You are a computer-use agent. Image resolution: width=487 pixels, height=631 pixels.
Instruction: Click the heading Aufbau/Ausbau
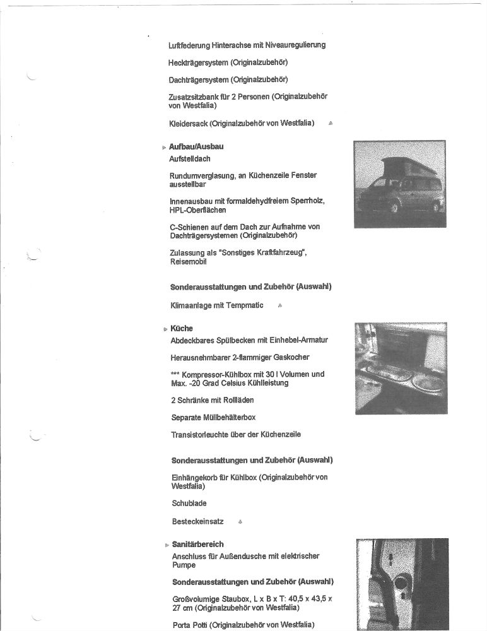click(x=196, y=146)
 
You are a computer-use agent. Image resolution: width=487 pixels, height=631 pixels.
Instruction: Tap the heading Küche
click(x=182, y=328)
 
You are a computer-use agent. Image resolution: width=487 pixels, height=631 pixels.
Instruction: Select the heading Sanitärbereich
click(x=197, y=544)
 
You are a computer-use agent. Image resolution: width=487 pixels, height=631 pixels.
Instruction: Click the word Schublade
click(x=189, y=504)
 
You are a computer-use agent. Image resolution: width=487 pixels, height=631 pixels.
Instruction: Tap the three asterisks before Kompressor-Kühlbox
click(x=175, y=374)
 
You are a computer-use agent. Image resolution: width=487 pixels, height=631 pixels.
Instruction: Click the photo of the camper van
click(x=400, y=184)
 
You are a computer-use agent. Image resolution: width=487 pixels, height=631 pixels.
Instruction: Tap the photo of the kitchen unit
click(x=401, y=368)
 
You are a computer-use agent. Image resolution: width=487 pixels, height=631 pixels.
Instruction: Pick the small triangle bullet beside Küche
click(x=165, y=329)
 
